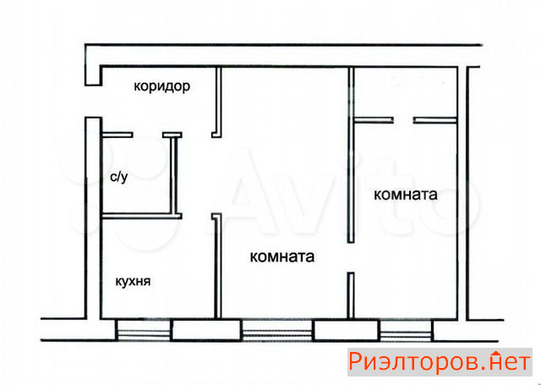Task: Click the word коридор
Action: click(x=161, y=86)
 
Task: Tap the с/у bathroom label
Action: click(x=119, y=177)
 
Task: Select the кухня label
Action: click(x=133, y=282)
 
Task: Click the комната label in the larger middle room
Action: click(x=281, y=257)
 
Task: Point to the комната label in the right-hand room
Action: click(x=406, y=195)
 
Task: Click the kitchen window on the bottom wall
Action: click(x=143, y=330)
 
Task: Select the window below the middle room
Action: click(x=277, y=330)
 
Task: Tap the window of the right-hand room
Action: click(x=405, y=330)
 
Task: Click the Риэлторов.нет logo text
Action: click(x=440, y=362)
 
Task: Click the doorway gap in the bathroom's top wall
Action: click(x=148, y=135)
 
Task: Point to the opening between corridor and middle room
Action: click(x=216, y=175)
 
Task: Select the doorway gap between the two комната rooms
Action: click(x=351, y=257)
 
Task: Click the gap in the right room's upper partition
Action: click(x=403, y=120)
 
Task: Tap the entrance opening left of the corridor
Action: click(x=93, y=102)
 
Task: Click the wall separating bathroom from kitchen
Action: click(x=141, y=216)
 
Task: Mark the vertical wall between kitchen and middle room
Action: click(x=217, y=266)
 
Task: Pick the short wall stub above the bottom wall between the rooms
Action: click(x=351, y=295)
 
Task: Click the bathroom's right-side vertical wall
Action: click(x=175, y=175)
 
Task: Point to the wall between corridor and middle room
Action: click(x=217, y=102)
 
